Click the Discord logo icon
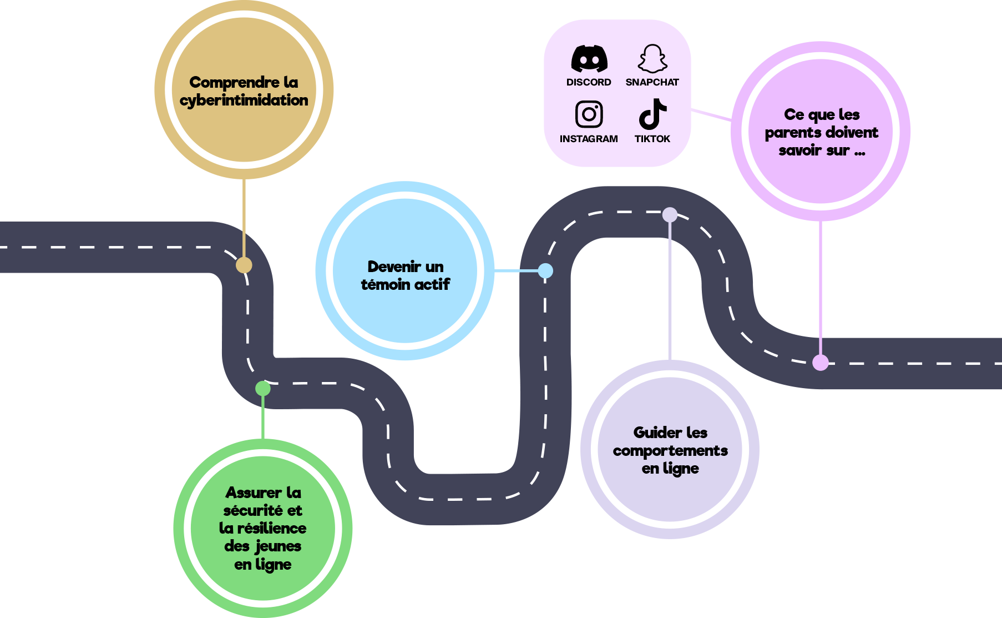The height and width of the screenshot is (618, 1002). pos(589,59)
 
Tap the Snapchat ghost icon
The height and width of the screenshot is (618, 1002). pos(652,59)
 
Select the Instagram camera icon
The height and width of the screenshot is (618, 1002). pos(589,114)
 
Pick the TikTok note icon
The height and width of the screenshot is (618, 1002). pos(652,114)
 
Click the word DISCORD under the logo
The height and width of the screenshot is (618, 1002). pos(589,82)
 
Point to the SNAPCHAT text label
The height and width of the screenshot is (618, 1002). pos(652,82)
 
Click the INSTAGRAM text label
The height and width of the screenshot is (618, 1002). pos(589,139)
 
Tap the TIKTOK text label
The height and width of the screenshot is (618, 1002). pos(652,139)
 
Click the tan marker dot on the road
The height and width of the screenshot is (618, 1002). pos(244,265)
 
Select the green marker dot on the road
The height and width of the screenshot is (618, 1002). pos(263,388)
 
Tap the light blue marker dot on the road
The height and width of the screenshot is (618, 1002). pos(546,270)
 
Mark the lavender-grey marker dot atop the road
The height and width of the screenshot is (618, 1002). pos(670,214)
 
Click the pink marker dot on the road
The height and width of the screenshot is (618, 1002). pos(821,363)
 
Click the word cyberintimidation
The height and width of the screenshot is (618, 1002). pos(244,101)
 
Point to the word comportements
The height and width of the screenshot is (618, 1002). pos(670,451)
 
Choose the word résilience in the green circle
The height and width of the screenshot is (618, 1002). pos(271,528)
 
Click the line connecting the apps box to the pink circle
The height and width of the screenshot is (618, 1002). pos(711,115)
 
